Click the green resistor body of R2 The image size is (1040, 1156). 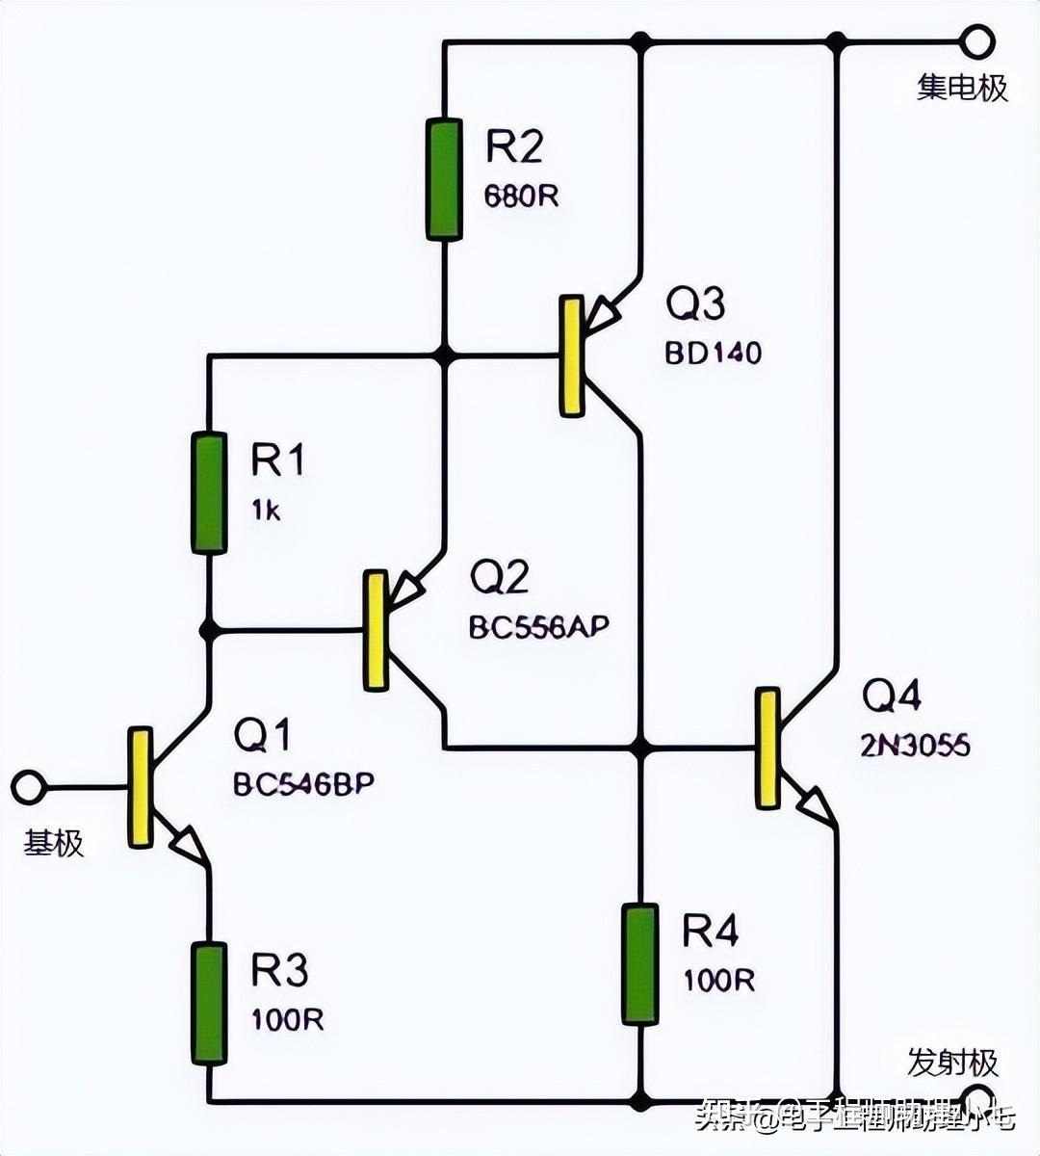(444, 178)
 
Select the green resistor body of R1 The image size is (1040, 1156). (209, 493)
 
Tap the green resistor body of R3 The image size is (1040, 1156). (209, 1003)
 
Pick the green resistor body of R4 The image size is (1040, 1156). (639, 963)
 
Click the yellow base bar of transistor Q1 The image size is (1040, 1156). (141, 787)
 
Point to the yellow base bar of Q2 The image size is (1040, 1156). (376, 630)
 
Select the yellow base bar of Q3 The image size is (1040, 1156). (572, 356)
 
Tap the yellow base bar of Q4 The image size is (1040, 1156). (767, 748)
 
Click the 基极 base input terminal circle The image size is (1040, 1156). (27, 787)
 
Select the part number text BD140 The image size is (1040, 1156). (713, 353)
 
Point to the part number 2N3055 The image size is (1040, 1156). (915, 745)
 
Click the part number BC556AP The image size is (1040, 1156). (539, 627)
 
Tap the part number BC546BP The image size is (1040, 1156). (303, 784)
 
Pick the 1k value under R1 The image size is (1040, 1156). (266, 511)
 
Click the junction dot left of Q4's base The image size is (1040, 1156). (639, 748)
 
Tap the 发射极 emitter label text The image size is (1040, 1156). (952, 1064)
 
